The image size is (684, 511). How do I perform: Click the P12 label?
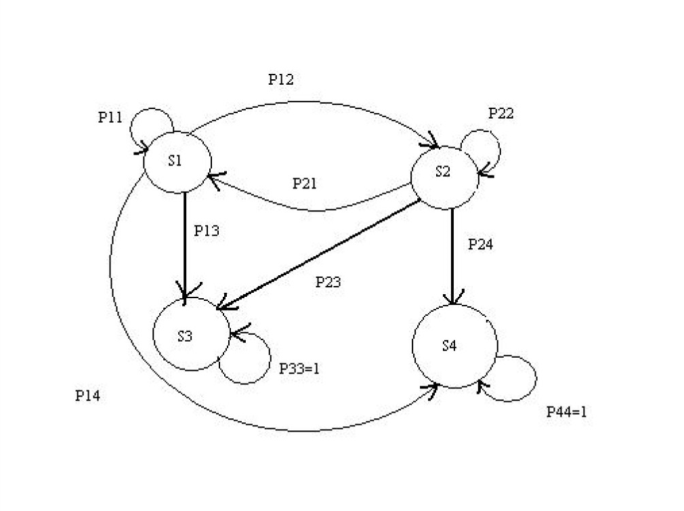coord(280,80)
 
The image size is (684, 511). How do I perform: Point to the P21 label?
coord(305,184)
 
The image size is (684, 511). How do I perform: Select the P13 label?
coord(207,230)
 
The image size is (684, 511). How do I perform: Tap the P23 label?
coord(328,283)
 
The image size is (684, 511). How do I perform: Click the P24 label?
coord(480,245)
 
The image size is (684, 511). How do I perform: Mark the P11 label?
coord(110,117)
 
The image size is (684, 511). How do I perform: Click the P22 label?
coord(501,114)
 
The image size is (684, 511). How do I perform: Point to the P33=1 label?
coord(299,369)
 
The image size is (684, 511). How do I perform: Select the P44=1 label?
coord(566,412)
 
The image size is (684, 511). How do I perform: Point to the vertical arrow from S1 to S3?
coord(185,244)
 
